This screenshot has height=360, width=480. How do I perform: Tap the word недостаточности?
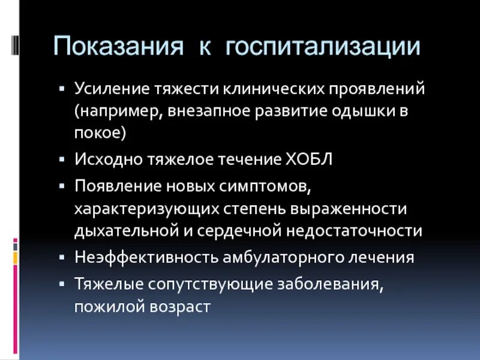pos(355,231)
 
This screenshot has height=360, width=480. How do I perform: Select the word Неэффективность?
pos(137,257)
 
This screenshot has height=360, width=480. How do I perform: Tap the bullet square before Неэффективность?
pos(62,257)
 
